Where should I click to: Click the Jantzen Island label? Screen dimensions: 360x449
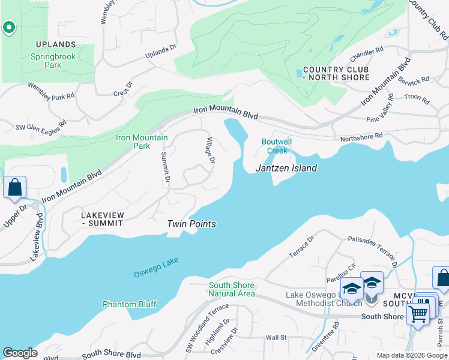286,168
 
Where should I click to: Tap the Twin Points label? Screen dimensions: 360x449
191,224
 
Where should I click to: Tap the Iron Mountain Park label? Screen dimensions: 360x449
142,142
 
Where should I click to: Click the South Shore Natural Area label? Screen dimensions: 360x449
231,289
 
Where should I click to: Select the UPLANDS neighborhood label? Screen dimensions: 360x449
55,44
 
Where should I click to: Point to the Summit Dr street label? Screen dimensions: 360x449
165,167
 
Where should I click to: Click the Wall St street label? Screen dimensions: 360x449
276,338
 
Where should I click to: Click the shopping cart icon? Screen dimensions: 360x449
418,312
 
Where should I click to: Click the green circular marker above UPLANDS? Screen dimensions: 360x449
8,27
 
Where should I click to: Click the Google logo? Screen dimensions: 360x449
20,353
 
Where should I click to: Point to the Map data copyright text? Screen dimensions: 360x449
412,355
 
